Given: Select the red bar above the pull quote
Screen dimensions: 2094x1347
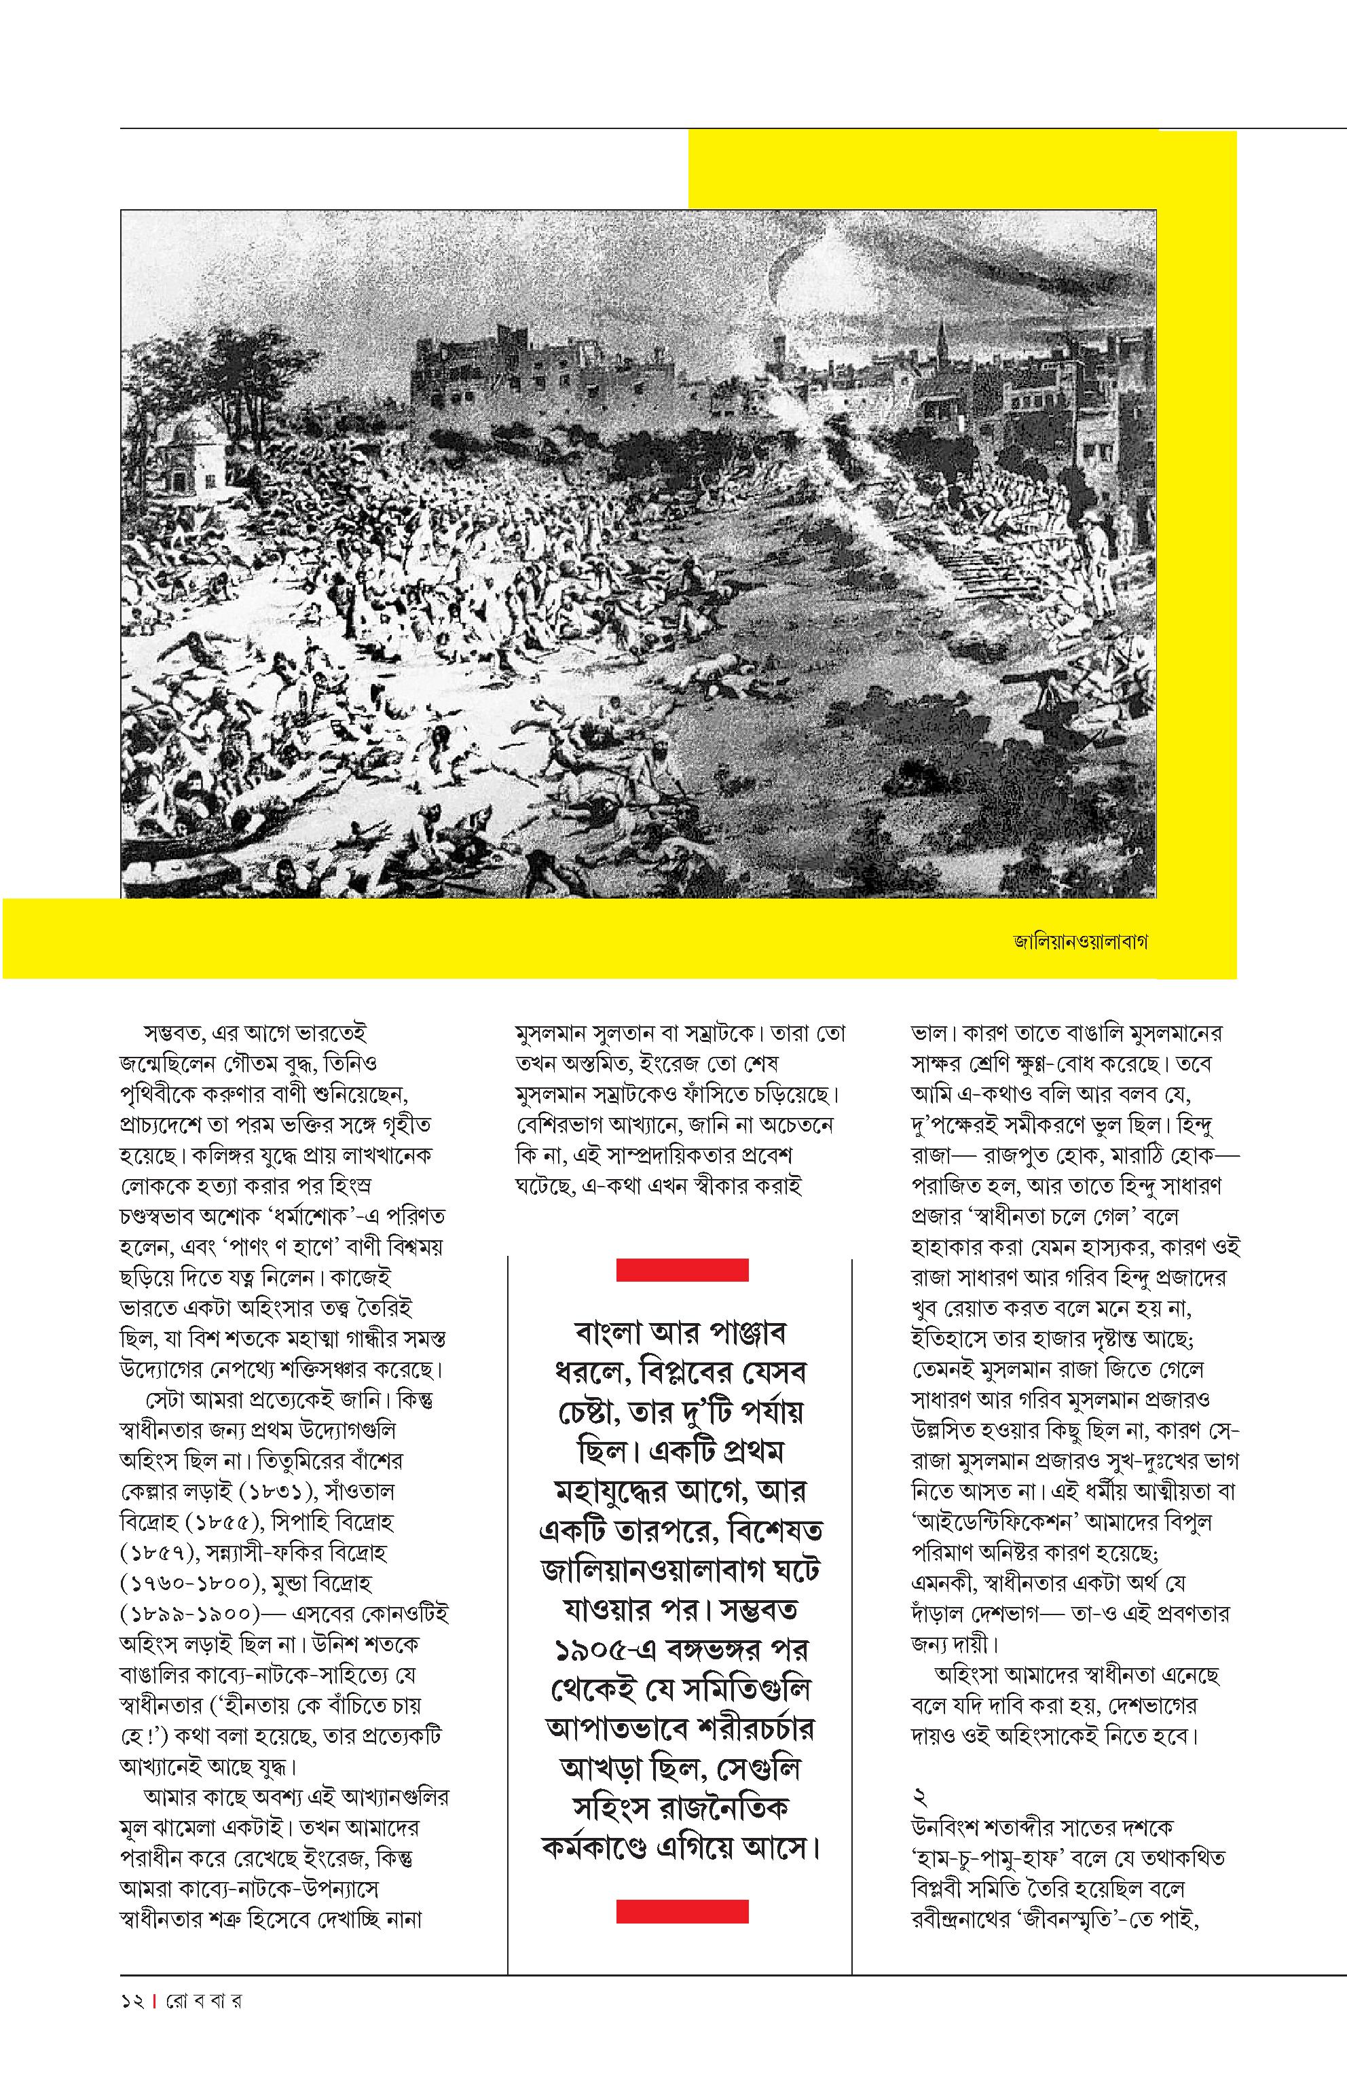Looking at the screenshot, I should tap(682, 1269).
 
